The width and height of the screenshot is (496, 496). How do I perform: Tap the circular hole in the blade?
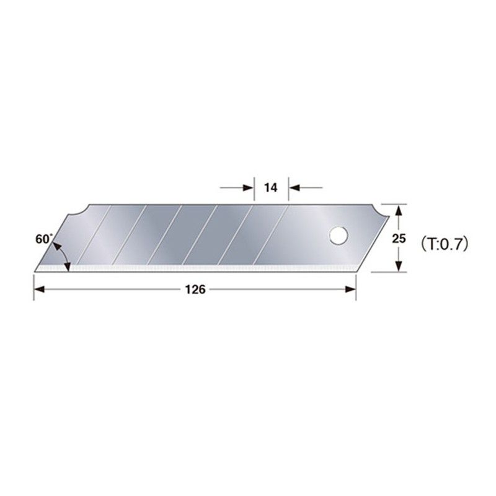coord(338,235)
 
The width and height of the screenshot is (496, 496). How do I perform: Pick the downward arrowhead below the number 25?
coord(399,266)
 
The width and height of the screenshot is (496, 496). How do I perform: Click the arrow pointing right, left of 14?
coord(248,187)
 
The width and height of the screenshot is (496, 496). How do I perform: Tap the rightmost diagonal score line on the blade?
coord(273,236)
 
